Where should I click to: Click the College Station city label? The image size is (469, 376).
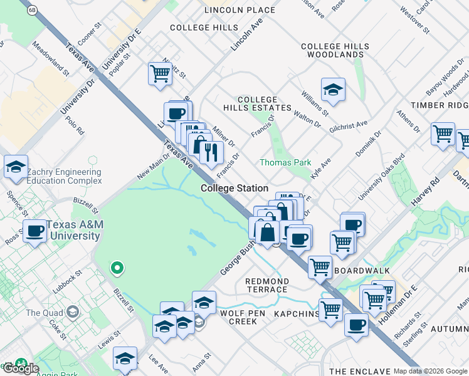(x=234, y=188)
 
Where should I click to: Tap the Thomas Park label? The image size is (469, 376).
(x=285, y=162)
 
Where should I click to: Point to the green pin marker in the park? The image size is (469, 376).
(x=116, y=269)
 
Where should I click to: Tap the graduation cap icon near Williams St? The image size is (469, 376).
(x=334, y=90)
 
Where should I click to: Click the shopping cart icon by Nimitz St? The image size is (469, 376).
(x=161, y=73)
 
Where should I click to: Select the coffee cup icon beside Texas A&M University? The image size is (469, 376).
(x=35, y=231)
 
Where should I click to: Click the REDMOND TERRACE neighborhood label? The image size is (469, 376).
(x=267, y=285)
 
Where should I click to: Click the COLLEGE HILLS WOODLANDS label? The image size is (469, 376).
(x=332, y=51)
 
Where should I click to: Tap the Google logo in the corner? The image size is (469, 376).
(x=20, y=368)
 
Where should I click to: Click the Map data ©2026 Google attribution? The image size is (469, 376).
(x=430, y=371)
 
